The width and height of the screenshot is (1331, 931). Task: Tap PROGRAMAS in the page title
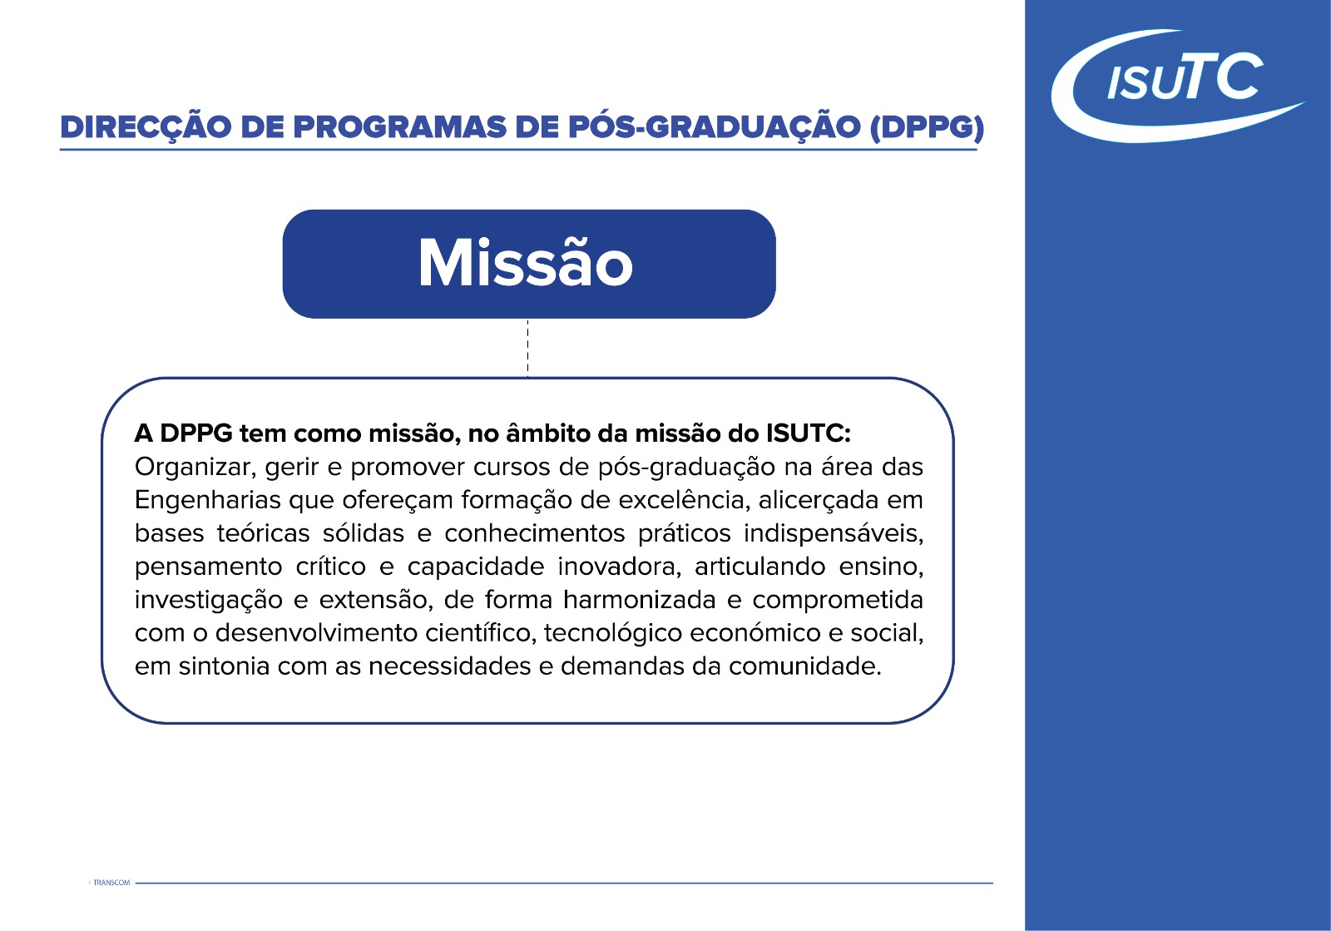point(399,128)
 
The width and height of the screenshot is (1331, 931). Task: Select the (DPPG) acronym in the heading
point(927,129)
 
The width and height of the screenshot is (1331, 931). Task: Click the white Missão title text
point(526,263)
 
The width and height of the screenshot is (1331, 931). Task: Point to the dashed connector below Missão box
point(527,348)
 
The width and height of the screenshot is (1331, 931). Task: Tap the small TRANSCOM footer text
point(111,883)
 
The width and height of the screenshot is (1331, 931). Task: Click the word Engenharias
point(207,501)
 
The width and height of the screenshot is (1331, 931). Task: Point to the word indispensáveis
point(834,534)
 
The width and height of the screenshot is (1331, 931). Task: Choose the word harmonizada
point(640,600)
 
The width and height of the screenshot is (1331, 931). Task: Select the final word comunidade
point(805,666)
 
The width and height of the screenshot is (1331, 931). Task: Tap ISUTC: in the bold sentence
point(809,433)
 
